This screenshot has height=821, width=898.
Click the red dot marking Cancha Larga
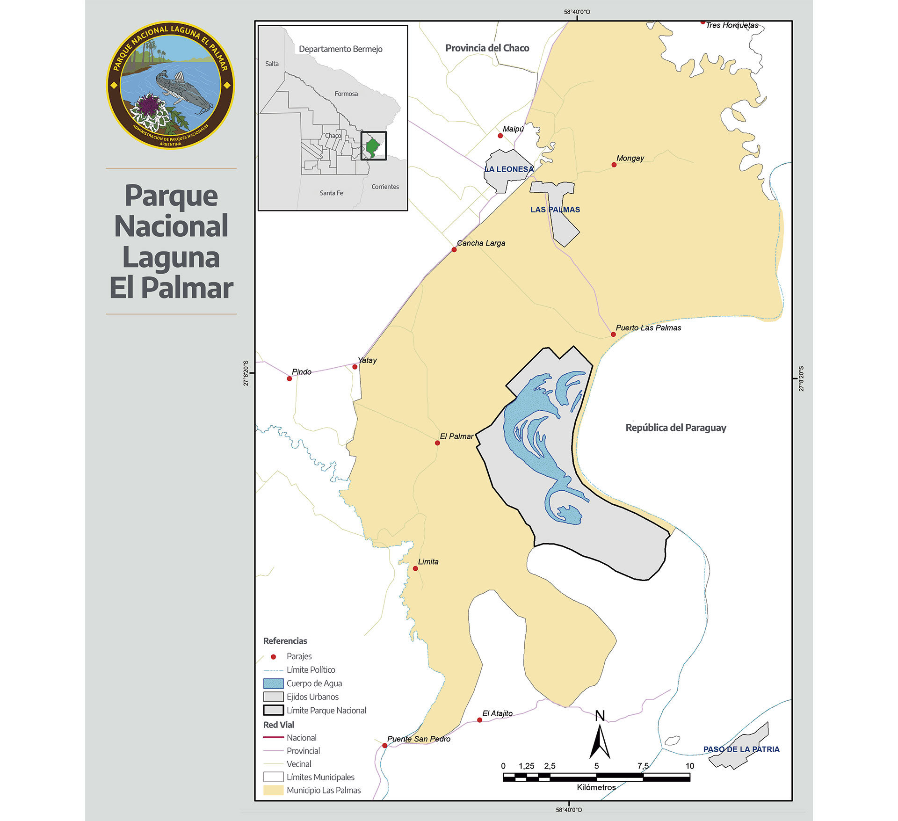tap(454, 250)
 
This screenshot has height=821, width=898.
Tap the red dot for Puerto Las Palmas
tap(613, 334)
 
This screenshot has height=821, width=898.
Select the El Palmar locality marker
tap(437, 443)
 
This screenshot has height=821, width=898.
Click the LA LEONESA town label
tap(509, 169)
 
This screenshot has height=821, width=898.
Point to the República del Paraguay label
tap(676, 428)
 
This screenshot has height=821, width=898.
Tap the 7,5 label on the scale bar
tap(643, 766)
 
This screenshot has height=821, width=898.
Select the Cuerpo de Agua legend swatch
tap(273, 683)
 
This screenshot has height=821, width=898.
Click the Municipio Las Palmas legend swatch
tap(273, 790)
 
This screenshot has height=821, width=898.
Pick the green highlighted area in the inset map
tap(372, 147)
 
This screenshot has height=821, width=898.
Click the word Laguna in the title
tap(171, 257)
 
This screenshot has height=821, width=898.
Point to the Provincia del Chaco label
tap(487, 48)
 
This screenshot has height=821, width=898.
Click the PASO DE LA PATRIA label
tap(741, 749)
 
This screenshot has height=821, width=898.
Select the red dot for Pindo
tap(290, 378)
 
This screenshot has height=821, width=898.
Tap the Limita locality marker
tap(415, 568)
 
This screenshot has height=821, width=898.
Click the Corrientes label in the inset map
tap(385, 187)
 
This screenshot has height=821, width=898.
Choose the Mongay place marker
tap(614, 165)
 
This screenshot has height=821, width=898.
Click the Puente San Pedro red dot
tap(385, 746)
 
